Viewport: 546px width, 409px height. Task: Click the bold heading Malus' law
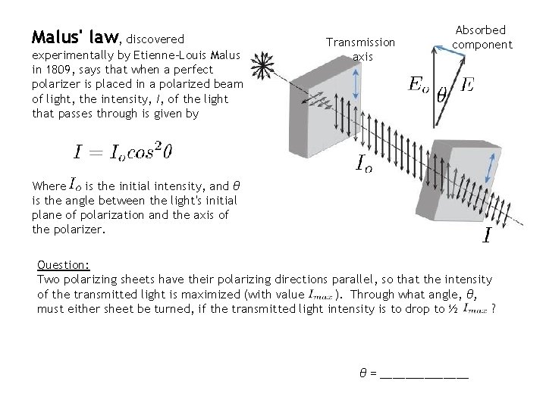(x=74, y=36)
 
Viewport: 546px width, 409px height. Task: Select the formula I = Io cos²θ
(x=123, y=151)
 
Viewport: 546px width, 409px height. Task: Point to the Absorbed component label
(x=482, y=37)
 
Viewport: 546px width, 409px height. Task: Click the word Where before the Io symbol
(x=49, y=185)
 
